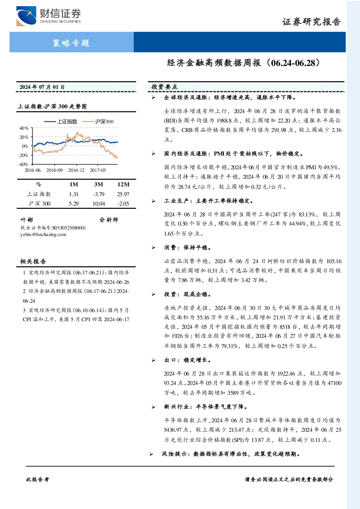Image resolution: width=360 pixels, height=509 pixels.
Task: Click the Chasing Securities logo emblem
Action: pos(26,16)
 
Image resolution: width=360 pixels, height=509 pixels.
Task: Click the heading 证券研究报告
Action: pos(311,22)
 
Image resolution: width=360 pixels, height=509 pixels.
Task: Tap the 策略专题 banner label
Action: pos(71,43)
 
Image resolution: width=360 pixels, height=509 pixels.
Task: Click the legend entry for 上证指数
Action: pos(61,121)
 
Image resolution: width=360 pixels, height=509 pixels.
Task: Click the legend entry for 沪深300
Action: pos(98,121)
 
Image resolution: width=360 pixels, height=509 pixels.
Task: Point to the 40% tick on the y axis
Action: pos(24,128)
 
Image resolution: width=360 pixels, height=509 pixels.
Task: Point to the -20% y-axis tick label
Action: pos(24,156)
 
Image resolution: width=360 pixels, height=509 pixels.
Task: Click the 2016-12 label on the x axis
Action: pos(76,170)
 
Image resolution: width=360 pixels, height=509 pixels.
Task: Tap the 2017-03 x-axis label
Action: pos(98,170)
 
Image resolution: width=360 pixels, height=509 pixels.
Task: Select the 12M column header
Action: pos(123,185)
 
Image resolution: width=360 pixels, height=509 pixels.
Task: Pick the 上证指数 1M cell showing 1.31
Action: pos(74,194)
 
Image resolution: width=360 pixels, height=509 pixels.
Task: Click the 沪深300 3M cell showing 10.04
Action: pos(99,204)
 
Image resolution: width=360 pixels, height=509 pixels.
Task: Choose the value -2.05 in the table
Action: pos(123,204)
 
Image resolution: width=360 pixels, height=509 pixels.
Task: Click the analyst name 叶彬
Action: pos(27,220)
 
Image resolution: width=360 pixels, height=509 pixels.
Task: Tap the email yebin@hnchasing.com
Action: pos(43,235)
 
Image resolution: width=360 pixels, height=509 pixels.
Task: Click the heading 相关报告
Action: pos(33,261)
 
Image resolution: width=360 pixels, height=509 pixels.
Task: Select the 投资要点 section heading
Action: pos(165,87)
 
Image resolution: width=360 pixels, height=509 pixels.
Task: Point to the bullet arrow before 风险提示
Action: pos(152,454)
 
